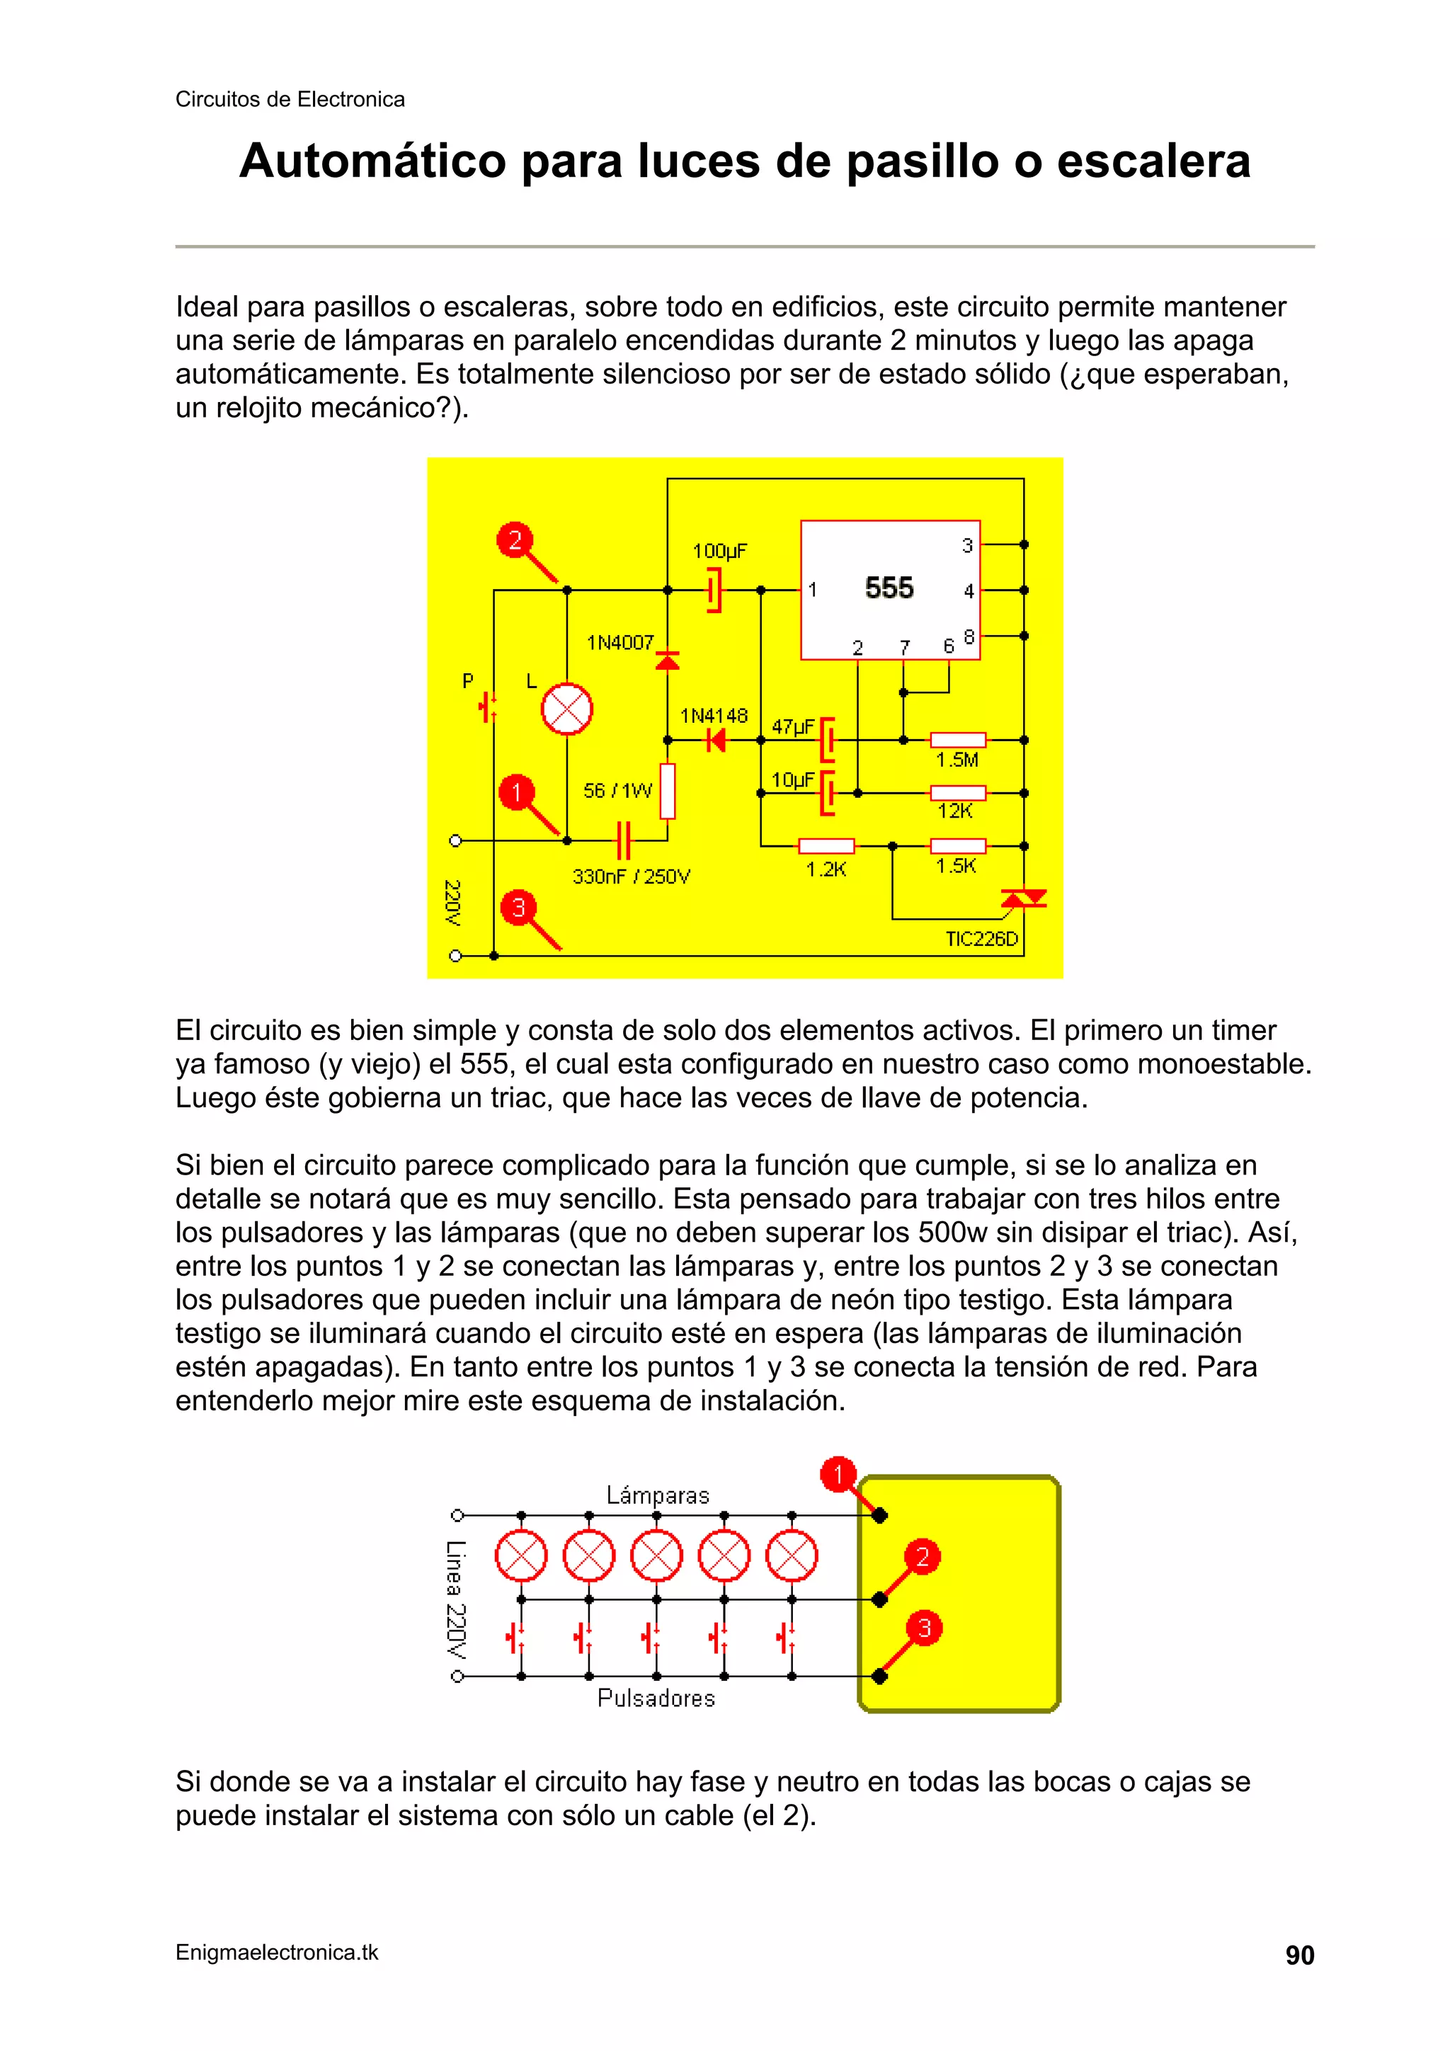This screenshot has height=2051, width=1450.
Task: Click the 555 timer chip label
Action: pyautogui.click(x=889, y=588)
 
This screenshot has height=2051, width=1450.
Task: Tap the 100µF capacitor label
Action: pyautogui.click(x=719, y=552)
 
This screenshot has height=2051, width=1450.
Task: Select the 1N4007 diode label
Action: pyautogui.click(x=620, y=643)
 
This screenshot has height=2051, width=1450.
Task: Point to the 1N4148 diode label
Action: pyautogui.click(x=713, y=716)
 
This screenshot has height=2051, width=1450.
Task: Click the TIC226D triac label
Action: pyautogui.click(x=982, y=939)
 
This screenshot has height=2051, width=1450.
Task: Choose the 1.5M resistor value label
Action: pyautogui.click(x=957, y=760)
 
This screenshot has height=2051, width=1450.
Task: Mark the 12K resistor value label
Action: pyautogui.click(x=955, y=811)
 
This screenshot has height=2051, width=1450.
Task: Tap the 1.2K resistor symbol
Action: pyautogui.click(x=826, y=846)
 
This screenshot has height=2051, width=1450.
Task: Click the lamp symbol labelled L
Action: pyautogui.click(x=566, y=710)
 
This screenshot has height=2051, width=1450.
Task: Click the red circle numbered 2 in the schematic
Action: pyautogui.click(x=515, y=539)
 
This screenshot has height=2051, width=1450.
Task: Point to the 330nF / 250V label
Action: pyautogui.click(x=631, y=877)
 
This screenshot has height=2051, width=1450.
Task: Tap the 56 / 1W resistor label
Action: pyautogui.click(x=617, y=791)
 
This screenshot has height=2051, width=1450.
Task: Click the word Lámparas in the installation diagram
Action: pyautogui.click(x=658, y=1495)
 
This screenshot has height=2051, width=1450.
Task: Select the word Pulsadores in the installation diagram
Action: pyautogui.click(x=656, y=1698)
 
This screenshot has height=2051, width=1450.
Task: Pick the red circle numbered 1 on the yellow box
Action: pyautogui.click(x=838, y=1475)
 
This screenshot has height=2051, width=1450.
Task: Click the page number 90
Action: pyautogui.click(x=1299, y=1955)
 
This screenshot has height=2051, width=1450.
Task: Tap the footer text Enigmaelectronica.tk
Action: pyautogui.click(x=277, y=1953)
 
